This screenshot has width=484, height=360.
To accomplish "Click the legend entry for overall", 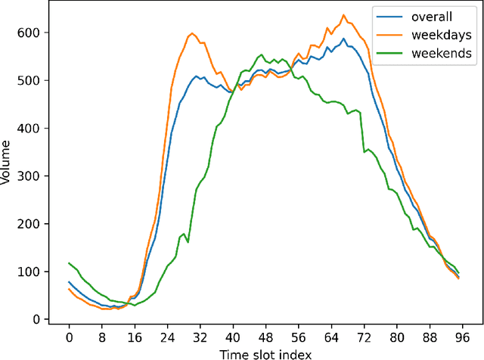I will (x=431, y=17).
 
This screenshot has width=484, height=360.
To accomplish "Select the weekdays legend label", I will (x=442, y=35).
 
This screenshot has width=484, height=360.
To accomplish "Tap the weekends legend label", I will (x=442, y=53).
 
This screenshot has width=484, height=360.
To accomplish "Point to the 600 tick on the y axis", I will (x=33, y=33).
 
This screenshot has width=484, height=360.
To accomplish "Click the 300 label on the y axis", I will (x=33, y=176).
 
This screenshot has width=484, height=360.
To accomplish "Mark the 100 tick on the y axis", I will (x=33, y=272).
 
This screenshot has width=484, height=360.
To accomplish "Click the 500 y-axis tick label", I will (x=33, y=80).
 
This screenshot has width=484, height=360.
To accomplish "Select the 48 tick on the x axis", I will (x=264, y=338).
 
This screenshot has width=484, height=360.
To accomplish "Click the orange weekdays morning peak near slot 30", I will (x=191, y=33).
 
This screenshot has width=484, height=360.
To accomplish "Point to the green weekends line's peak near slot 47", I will (x=261, y=54).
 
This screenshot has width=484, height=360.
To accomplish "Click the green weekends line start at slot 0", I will (x=69, y=263).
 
